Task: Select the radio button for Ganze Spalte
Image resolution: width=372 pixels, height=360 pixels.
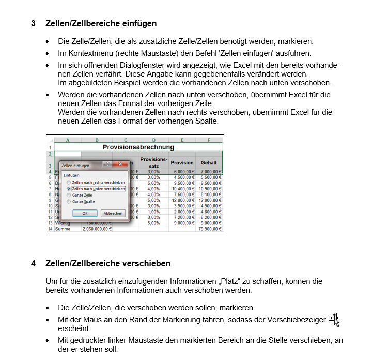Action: click(x=69, y=202)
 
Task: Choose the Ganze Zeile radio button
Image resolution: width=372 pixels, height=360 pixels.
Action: click(x=69, y=196)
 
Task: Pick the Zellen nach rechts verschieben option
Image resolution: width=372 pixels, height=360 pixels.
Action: click(x=69, y=183)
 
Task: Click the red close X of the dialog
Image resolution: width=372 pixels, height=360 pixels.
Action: click(x=122, y=164)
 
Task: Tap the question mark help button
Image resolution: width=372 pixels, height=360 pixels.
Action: click(x=107, y=164)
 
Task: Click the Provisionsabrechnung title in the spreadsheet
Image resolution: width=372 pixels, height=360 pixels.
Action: click(x=138, y=147)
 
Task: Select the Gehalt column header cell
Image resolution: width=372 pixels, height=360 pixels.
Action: click(x=209, y=162)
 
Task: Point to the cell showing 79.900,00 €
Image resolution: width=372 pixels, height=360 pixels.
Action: click(x=209, y=228)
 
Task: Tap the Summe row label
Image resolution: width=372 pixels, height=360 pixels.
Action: click(x=63, y=228)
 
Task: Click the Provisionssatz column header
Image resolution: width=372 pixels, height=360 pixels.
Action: click(x=153, y=162)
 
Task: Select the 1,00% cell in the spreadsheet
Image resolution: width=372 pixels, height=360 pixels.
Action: click(x=153, y=211)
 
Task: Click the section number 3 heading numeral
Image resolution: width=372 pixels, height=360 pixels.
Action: click(x=33, y=24)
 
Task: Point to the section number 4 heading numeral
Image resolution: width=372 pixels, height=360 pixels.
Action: click(x=33, y=264)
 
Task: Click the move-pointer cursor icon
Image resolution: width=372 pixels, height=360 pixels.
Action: click(x=335, y=320)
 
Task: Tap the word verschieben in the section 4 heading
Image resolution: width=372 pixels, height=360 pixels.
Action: click(x=146, y=264)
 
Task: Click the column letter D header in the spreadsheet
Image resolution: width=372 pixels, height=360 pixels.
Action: click(x=153, y=140)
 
